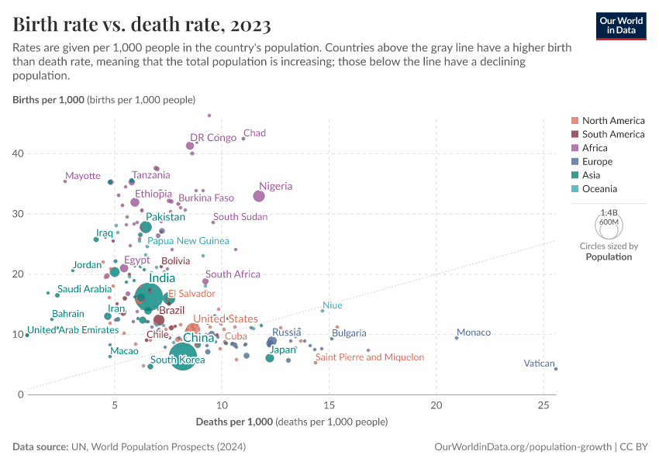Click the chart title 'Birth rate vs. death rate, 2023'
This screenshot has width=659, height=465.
[x=142, y=25]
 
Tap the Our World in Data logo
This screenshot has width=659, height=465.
[x=620, y=25]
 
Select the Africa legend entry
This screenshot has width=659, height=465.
[x=595, y=148]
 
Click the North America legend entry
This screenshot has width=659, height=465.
[x=612, y=120]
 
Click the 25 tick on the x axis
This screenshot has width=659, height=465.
[x=543, y=406]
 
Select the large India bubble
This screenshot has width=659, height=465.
[x=149, y=296]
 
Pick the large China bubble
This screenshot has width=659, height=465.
[x=183, y=356]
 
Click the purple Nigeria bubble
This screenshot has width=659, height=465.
[x=259, y=196]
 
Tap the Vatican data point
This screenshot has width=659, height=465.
[x=556, y=369]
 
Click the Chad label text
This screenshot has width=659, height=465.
[x=254, y=133]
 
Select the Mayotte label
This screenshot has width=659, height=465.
[x=83, y=176]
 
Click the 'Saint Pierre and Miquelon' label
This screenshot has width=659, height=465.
[x=370, y=357]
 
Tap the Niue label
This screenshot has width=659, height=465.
[x=332, y=305]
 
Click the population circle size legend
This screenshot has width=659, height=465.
[x=609, y=225]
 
